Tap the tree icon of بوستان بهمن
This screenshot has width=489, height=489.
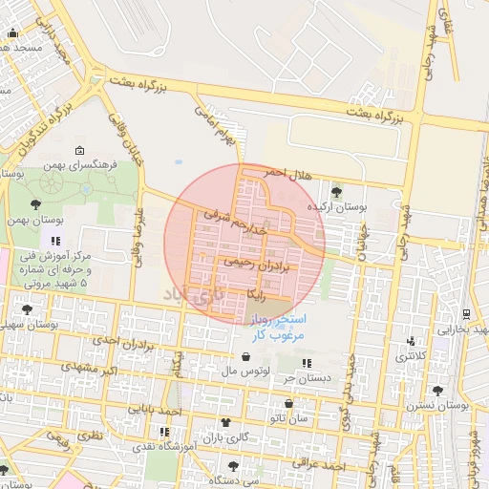point(35,203)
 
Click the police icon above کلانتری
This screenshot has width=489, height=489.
point(412,341)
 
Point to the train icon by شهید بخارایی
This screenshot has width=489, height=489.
point(465,313)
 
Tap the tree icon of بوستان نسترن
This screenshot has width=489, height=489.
point(437,391)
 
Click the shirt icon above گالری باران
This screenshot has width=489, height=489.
point(225,421)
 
